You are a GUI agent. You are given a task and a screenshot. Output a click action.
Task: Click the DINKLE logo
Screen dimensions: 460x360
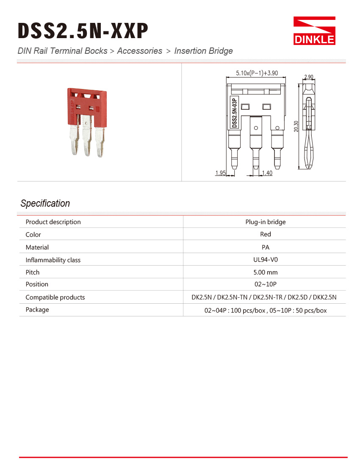click(x=314, y=31)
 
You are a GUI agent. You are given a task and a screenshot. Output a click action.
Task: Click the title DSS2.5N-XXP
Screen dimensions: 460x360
click(x=83, y=31)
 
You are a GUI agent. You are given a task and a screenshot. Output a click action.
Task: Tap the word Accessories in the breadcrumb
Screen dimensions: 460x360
click(x=139, y=51)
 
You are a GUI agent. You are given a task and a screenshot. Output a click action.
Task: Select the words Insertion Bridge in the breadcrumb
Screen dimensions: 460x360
click(x=203, y=51)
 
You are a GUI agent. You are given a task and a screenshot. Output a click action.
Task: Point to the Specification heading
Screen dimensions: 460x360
click(x=45, y=203)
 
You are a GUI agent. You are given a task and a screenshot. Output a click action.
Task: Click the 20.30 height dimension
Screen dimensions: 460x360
click(x=296, y=126)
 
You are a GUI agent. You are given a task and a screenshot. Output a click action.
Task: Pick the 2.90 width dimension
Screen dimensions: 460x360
click(x=309, y=77)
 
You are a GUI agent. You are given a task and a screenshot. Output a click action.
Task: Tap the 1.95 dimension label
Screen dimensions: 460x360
click(x=220, y=173)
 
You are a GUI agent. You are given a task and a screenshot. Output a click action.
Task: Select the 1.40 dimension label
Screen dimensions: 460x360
click(x=267, y=173)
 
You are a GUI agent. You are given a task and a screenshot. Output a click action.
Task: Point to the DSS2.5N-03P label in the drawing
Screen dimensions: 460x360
click(x=234, y=112)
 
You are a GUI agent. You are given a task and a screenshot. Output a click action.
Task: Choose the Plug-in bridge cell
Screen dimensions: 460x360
click(x=266, y=222)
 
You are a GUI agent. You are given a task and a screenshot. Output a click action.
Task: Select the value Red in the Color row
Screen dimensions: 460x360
click(x=266, y=234)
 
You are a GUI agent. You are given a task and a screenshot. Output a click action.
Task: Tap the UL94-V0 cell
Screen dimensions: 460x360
click(x=266, y=260)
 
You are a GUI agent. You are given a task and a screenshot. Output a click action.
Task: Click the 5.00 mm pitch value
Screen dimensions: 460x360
click(x=266, y=272)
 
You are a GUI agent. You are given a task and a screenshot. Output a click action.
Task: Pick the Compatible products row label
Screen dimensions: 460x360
click(x=55, y=297)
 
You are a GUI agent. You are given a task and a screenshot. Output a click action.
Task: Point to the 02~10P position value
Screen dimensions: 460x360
click(x=266, y=284)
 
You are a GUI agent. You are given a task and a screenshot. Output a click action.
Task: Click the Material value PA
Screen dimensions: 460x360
click(x=266, y=247)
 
